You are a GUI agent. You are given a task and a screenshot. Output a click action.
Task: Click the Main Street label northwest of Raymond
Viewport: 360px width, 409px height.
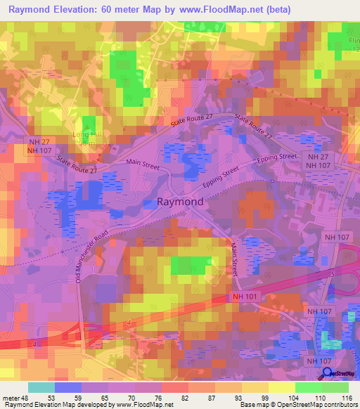tap(143, 167)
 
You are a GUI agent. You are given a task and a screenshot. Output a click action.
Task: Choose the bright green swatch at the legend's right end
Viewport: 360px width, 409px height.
tap(335, 387)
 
